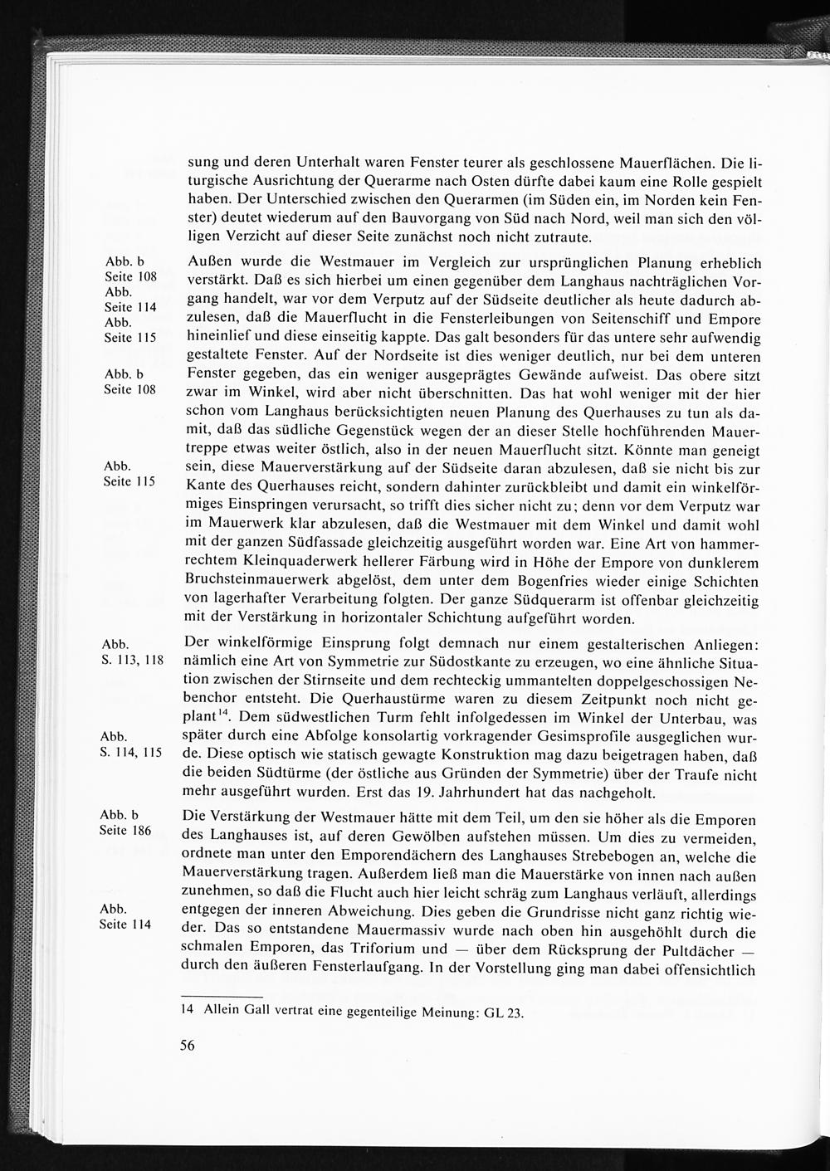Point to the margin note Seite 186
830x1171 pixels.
coord(126,830)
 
